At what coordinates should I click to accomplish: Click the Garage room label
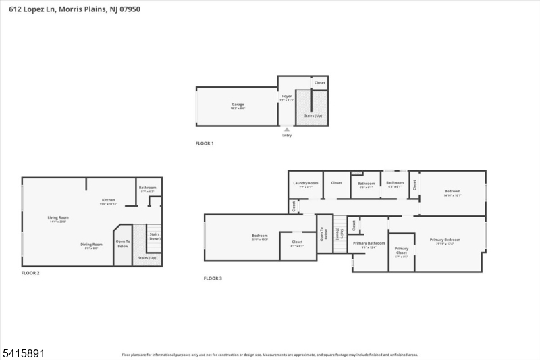[x=238, y=105]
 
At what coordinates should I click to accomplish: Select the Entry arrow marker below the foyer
[x=287, y=129]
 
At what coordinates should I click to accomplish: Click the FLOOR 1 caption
[x=204, y=143]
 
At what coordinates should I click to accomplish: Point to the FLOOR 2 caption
[x=30, y=272]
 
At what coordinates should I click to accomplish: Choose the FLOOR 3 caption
[x=213, y=278]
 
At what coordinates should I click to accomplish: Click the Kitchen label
[x=108, y=200]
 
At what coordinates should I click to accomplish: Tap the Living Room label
[x=58, y=217]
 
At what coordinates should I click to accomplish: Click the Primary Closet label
[x=402, y=249]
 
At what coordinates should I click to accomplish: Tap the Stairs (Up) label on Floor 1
[x=313, y=115]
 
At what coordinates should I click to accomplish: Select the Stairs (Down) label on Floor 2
[x=155, y=236]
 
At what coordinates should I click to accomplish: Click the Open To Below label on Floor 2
[x=122, y=244]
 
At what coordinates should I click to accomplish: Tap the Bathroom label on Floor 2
[x=148, y=187]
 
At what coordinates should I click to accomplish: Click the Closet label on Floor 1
[x=320, y=82]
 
